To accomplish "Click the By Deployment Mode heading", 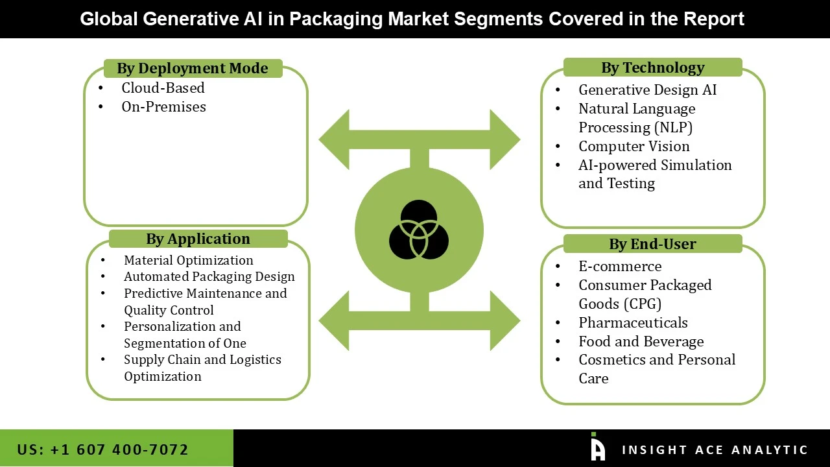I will (193, 68).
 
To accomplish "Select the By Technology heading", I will (652, 67).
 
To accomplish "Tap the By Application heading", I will (198, 239).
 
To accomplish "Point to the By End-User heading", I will (652, 244).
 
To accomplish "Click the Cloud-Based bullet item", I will (163, 88).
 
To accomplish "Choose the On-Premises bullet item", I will (163, 106).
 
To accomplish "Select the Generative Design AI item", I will (647, 90).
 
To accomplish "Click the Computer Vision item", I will (634, 146).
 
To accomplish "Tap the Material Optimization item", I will (188, 260).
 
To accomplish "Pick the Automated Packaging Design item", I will (209, 276).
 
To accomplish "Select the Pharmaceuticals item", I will (633, 322).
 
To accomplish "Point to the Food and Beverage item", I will (641, 341).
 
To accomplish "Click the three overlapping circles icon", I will (419, 229).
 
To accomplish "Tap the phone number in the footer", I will (103, 449).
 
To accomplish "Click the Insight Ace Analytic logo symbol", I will (597, 447).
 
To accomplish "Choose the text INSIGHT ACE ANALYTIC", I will (715, 449).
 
